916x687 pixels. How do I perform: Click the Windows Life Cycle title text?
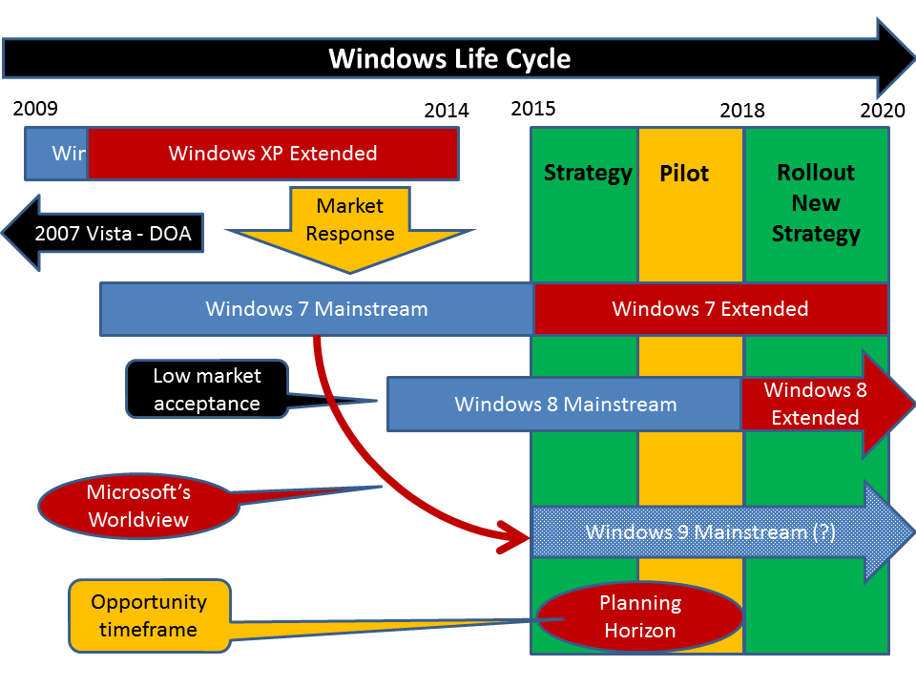point(449,58)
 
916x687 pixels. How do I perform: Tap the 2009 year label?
point(35,108)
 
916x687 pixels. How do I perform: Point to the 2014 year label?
point(447,111)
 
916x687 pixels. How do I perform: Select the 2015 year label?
point(532,108)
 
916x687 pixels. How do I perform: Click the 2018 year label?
point(742,111)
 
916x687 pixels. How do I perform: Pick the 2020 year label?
point(882,111)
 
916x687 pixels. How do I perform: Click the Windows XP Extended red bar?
point(273,154)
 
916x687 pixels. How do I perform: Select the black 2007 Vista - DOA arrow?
point(105,234)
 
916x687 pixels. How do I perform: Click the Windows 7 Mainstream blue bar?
point(316,309)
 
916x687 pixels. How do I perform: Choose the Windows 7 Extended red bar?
point(710,309)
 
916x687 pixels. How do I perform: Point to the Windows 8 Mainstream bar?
point(565,404)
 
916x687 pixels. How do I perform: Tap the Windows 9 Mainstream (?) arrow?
point(711,532)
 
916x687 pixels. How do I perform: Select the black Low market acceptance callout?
point(206,389)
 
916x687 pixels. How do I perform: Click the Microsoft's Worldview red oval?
point(139,506)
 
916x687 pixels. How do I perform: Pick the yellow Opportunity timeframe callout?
point(149,615)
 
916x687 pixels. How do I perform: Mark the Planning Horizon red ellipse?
point(639,616)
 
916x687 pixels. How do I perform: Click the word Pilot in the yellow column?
point(684,175)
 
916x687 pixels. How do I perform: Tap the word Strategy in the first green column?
point(588,173)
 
